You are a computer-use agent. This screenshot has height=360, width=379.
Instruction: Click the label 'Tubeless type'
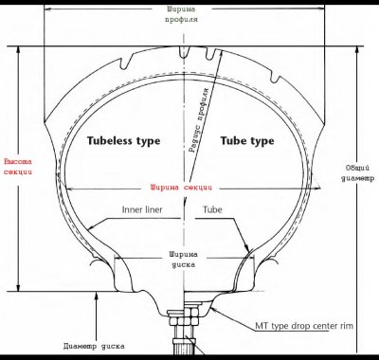point(123,140)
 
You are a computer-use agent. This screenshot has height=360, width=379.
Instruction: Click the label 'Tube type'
point(247,140)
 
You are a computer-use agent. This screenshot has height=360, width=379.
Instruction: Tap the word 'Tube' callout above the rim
point(213,209)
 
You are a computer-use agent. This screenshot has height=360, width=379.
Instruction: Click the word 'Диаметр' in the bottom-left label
point(83,345)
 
